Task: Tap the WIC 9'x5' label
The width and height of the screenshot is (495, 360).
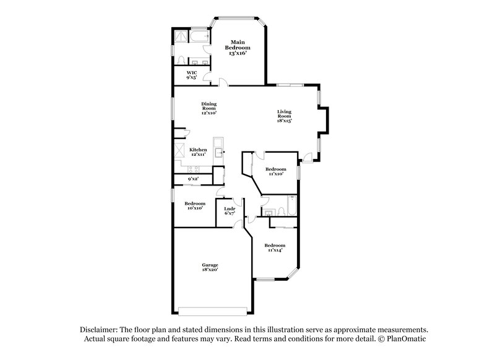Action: (x=192, y=75)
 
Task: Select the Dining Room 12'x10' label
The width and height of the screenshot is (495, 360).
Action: (x=209, y=108)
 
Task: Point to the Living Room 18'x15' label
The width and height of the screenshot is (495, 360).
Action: (x=284, y=116)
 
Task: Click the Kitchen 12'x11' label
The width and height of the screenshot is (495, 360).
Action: (x=198, y=152)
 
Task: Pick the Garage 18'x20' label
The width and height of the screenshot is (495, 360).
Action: (x=209, y=267)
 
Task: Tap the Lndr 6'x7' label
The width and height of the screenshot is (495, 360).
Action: (x=229, y=211)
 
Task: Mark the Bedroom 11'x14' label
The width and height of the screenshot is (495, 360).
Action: (x=275, y=247)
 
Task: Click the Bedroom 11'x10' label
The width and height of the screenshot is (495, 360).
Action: (x=275, y=171)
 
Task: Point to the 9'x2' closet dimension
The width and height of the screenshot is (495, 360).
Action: (x=193, y=179)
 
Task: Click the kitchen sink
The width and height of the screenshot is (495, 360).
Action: (x=218, y=151)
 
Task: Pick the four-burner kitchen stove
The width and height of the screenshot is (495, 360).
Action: (x=181, y=150)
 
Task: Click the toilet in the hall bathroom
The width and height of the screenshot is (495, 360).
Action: (x=280, y=212)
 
